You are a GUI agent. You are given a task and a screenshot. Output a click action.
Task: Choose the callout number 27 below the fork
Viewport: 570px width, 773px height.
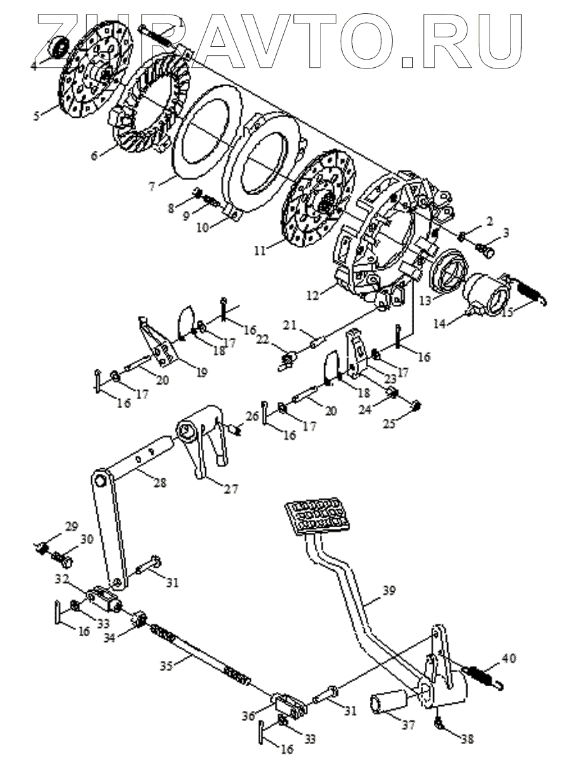click(x=231, y=489)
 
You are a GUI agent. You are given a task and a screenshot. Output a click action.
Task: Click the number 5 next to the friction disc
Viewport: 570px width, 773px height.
click(x=37, y=115)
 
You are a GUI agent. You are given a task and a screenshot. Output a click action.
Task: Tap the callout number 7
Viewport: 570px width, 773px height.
click(x=152, y=187)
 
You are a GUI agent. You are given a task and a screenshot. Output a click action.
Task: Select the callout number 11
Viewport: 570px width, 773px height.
click(x=260, y=250)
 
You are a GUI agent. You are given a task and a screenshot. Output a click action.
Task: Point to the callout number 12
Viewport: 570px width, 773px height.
click(x=313, y=295)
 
